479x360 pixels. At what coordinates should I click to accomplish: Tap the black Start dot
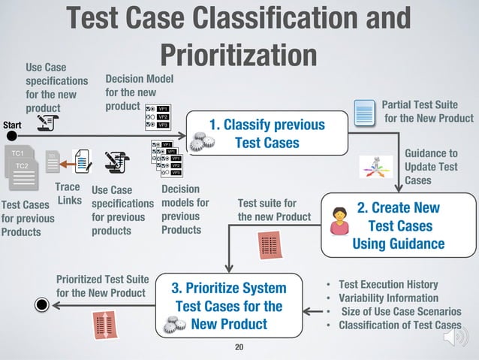[12, 136]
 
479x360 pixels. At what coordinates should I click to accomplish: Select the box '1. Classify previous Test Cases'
[267, 134]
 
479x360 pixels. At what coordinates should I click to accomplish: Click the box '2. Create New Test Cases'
[399, 225]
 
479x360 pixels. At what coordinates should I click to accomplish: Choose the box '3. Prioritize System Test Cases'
[229, 307]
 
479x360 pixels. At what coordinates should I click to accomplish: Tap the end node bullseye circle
[42, 304]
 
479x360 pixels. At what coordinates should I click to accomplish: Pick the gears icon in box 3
[170, 325]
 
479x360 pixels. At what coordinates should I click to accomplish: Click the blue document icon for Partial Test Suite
[364, 114]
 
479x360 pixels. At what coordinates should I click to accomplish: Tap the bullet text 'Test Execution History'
[388, 285]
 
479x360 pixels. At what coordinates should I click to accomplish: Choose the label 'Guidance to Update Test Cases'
[430, 166]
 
